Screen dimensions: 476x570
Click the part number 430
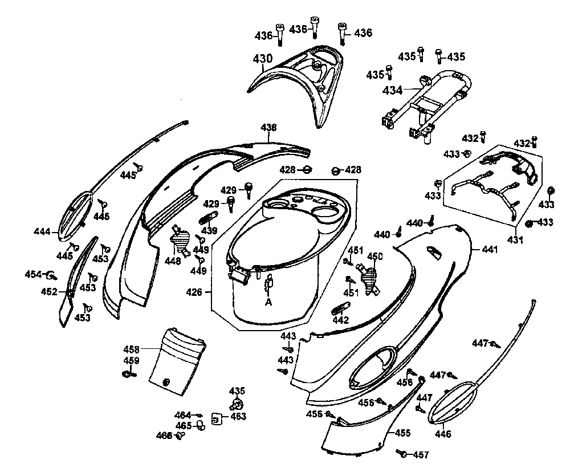tap(262, 59)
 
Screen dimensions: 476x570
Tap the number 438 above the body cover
tap(268, 128)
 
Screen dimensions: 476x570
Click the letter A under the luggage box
tap(268, 303)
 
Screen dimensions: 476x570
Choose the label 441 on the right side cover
tap(489, 249)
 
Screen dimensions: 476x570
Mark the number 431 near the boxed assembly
tap(515, 240)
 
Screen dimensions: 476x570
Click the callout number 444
tap(42, 231)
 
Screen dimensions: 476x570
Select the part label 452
tap(49, 292)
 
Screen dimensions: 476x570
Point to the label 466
tap(164, 436)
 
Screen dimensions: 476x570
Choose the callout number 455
tap(402, 433)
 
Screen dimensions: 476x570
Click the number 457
tap(421, 455)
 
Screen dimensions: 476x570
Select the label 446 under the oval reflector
tap(442, 434)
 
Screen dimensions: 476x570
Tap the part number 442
tap(340, 320)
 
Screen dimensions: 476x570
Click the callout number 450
tap(376, 257)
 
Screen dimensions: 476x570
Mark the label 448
tap(173, 261)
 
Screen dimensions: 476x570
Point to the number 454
tap(34, 274)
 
